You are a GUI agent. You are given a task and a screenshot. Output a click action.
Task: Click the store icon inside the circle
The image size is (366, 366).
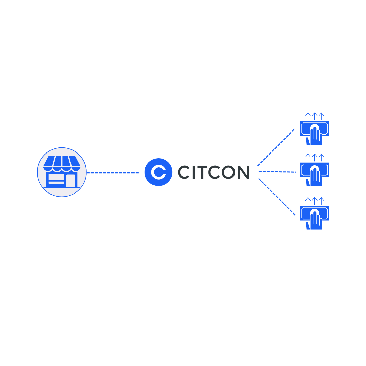pyautogui.click(x=62, y=172)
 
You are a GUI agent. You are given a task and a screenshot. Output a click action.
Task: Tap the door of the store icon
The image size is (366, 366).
pyautogui.click(x=70, y=180)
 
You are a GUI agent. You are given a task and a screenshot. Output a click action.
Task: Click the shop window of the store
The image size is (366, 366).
pyautogui.click(x=56, y=177)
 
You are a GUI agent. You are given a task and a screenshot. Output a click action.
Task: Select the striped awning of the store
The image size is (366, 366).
pyautogui.click(x=62, y=161)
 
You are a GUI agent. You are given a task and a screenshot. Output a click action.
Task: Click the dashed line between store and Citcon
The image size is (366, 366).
pyautogui.click(x=113, y=173)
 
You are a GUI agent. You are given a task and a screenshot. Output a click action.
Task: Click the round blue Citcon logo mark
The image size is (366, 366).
pyautogui.click(x=159, y=172)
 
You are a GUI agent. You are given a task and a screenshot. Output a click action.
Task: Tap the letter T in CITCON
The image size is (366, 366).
pyautogui.click(x=202, y=172)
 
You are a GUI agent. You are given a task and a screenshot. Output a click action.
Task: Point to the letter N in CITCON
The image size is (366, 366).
pyautogui.click(x=244, y=172)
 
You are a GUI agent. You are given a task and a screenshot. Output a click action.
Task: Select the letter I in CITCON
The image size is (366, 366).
pyautogui.click(x=194, y=172)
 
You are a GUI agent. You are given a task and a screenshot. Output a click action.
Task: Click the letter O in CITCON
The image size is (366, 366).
pyautogui.click(x=228, y=172)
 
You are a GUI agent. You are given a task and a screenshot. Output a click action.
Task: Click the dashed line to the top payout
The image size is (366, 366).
pyautogui.click(x=276, y=147)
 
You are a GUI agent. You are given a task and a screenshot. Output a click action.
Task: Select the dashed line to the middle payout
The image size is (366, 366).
pyautogui.click(x=277, y=172)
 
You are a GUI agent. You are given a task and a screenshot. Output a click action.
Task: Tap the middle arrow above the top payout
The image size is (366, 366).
pyautogui.click(x=314, y=116)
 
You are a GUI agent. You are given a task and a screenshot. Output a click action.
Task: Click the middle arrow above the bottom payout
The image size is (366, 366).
pyautogui.click(x=314, y=201)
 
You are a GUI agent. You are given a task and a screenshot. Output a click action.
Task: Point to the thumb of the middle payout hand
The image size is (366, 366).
pyautogui.click(x=308, y=182)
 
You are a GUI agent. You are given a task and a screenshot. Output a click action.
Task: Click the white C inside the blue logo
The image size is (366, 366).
pyautogui.click(x=158, y=172)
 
